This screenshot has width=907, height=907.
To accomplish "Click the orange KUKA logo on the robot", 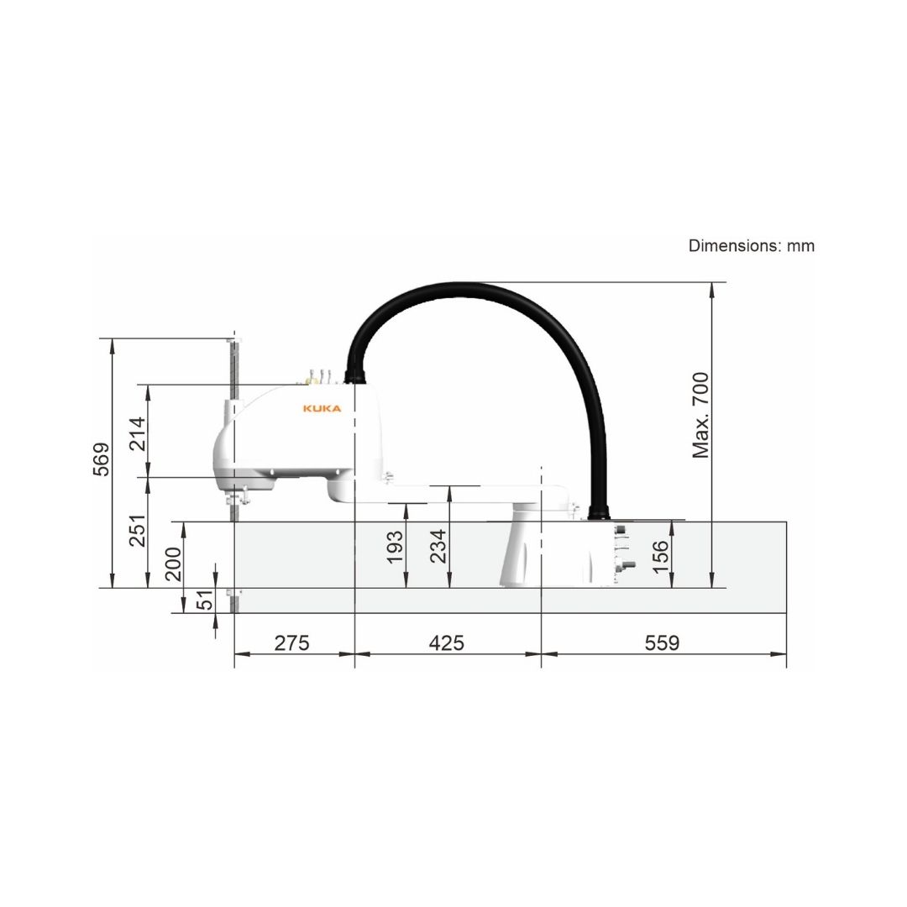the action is click(322, 408).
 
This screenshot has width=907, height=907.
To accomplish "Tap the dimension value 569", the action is click(102, 459).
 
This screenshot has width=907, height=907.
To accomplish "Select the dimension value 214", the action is click(138, 434).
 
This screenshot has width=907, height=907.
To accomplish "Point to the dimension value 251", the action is click(138, 531).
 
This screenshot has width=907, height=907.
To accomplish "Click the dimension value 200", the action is click(174, 564).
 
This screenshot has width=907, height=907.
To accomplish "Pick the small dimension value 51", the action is click(205, 600).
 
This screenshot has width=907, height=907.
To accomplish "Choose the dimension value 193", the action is click(395, 547).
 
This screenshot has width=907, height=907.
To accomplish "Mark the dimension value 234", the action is click(438, 546).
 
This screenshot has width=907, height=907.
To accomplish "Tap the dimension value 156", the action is click(660, 557).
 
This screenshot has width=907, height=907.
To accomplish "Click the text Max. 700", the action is click(700, 416).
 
